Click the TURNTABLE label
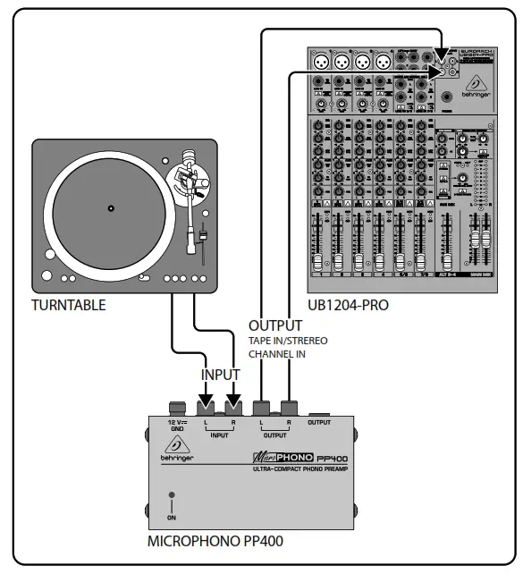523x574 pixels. pos(68,305)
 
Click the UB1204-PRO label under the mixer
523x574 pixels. pos(348,306)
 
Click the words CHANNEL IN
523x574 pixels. pos(277,354)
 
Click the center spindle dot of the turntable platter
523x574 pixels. pos(111,208)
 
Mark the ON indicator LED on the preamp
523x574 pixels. pos(172,494)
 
